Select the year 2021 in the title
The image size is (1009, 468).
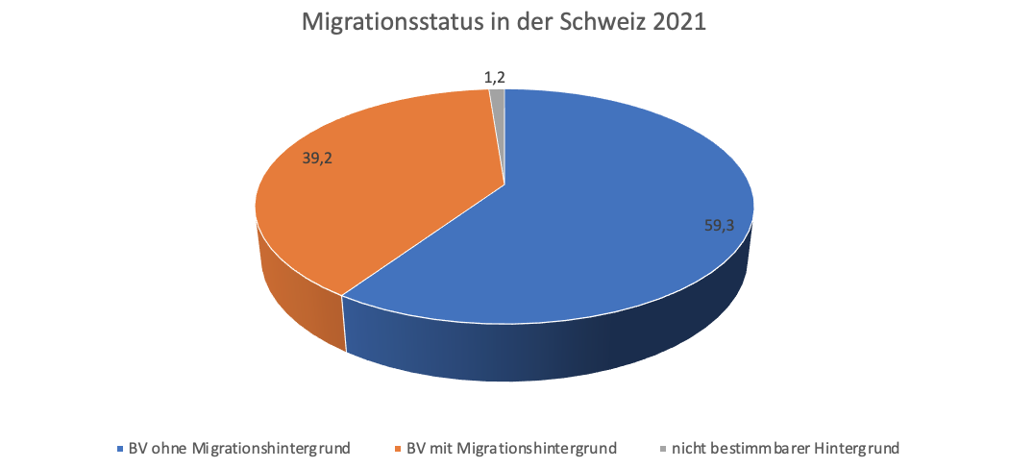(678, 23)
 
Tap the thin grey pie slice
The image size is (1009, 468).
(498, 95)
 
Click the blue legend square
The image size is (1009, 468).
(119, 448)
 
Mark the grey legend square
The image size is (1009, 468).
(662, 448)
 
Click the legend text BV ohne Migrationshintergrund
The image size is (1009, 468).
(239, 447)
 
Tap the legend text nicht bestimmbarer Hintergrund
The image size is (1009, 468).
(784, 447)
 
